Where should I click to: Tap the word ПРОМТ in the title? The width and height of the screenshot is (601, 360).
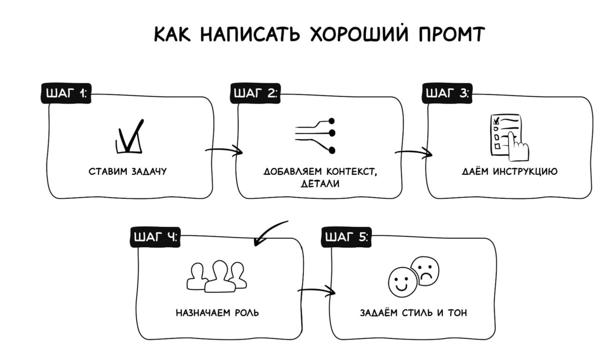[445, 35]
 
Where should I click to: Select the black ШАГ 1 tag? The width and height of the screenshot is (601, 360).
[66, 94]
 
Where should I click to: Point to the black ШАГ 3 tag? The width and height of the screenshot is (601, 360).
[447, 94]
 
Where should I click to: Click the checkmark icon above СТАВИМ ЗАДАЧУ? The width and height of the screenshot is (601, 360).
[129, 136]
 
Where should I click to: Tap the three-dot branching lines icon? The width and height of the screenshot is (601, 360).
[316, 135]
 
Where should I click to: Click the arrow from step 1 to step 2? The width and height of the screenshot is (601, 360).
[224, 151]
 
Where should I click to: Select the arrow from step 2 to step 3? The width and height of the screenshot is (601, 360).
[414, 153]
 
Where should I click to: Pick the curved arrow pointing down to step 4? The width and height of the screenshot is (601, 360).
[270, 233]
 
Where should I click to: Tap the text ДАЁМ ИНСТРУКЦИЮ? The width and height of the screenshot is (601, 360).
[509, 172]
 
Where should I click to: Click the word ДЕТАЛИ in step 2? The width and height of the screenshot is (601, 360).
[320, 184]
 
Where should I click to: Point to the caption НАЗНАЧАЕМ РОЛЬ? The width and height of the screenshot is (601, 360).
[217, 313]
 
